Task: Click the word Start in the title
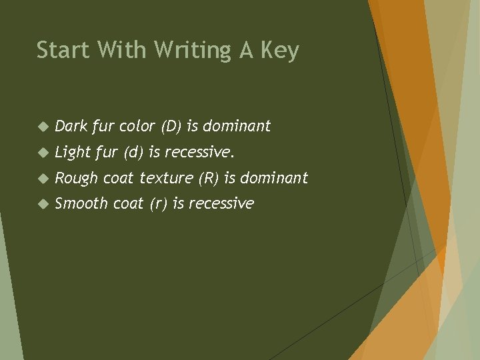pos(58,50)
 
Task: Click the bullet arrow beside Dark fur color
pos(41,126)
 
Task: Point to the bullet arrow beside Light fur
pos(41,153)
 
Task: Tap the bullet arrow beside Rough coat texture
pos(41,178)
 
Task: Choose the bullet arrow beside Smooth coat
pos(41,204)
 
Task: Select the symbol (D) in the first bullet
pos(171,126)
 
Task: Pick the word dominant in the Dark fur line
pos(237,125)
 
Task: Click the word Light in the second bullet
pos(73,152)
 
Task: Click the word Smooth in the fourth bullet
pos(81,203)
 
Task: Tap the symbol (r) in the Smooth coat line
pos(158,204)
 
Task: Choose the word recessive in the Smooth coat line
pos(221,203)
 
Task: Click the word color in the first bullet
pos(135,126)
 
